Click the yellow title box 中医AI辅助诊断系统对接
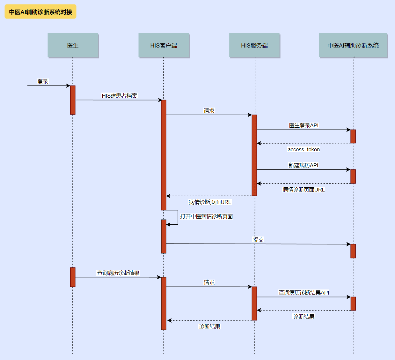pos(40,12)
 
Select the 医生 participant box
pos(73,45)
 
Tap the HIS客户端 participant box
pos(164,45)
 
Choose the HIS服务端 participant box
pos(254,45)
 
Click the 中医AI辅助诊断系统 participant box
pos(353,45)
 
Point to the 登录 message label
pos(43,81)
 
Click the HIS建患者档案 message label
pos(119,96)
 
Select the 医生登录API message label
pos(304,125)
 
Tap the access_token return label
pos(304,149)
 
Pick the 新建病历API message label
pos(303,165)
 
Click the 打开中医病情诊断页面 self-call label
pos(206,216)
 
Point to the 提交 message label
pos(258,240)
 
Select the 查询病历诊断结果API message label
pos(304,292)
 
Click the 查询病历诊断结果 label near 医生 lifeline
pos(118,273)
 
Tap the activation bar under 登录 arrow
pos(73,100)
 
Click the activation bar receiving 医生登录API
pos(353,136)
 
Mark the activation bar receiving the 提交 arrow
pos(353,251)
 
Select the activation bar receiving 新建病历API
pos(353,176)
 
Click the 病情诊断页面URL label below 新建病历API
pos(304,190)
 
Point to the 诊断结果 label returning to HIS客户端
pos(209,326)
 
